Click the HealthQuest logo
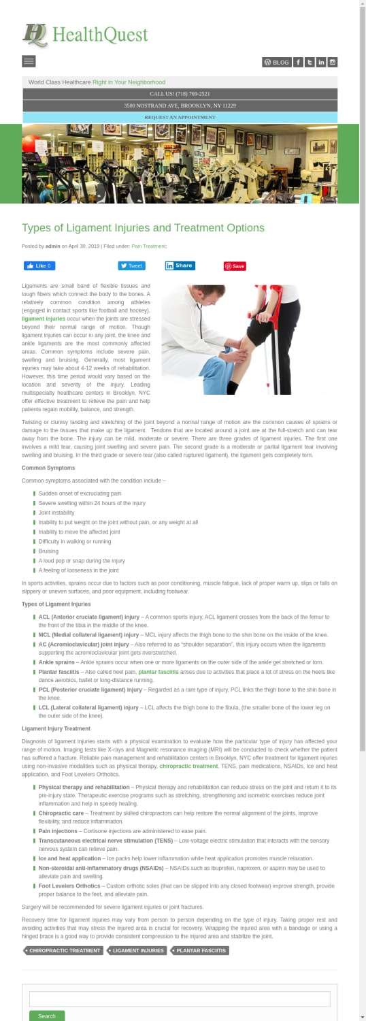point(84,35)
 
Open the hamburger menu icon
point(29,61)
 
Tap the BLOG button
point(277,62)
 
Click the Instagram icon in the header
point(333,62)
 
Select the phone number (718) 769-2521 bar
point(180,94)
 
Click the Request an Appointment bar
point(180,117)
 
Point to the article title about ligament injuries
point(143,227)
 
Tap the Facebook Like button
point(39,266)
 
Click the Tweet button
point(131,266)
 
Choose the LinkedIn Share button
point(180,266)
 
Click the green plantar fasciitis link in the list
point(159,671)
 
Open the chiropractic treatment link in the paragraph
point(188,766)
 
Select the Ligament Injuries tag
point(137,950)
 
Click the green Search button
point(47,1016)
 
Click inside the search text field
point(180,999)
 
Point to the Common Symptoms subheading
point(48,468)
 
